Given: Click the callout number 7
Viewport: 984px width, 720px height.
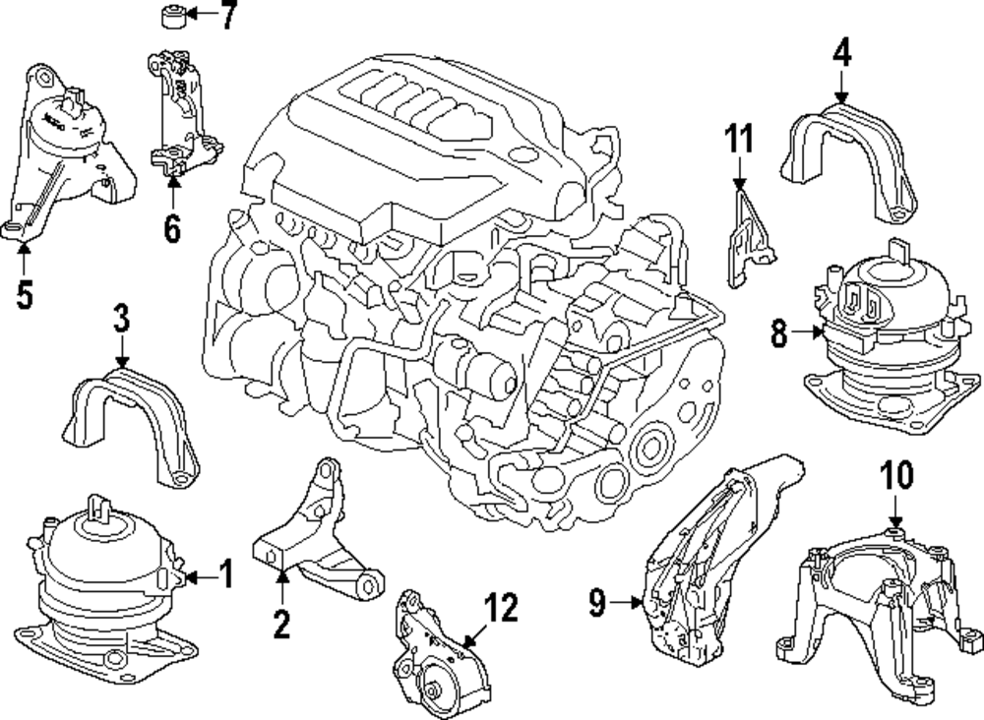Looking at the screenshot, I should point(228,17).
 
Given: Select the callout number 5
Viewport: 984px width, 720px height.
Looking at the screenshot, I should point(25,294).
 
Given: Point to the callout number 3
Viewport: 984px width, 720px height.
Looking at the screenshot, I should point(120,320).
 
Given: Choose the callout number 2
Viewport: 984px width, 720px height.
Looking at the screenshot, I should point(281,623).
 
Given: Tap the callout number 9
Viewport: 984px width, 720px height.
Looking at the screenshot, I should point(597,601).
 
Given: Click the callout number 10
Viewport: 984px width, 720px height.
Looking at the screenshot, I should point(895,476).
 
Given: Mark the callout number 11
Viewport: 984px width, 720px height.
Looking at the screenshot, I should point(740,140).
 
